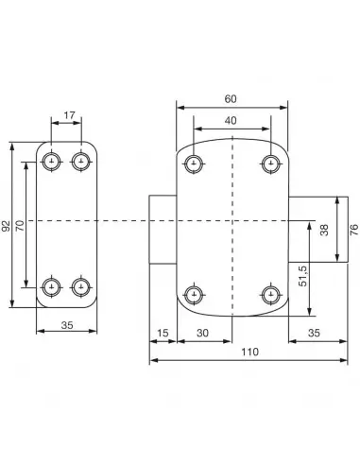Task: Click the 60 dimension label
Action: (x=231, y=99)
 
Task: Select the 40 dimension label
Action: (x=231, y=120)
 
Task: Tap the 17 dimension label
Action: (x=69, y=115)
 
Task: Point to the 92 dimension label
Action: (x=6, y=226)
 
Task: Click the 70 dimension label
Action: (x=20, y=226)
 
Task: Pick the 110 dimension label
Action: (x=249, y=352)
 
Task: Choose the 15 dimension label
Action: (x=163, y=333)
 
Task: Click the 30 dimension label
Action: (x=202, y=333)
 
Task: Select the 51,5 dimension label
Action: (x=303, y=276)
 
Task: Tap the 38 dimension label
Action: (x=324, y=230)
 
